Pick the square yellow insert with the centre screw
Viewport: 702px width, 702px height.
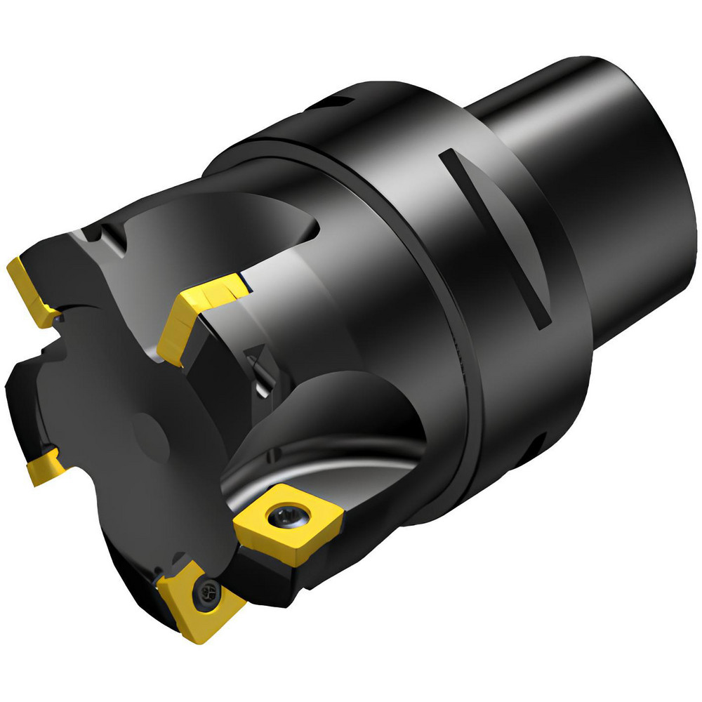[289, 522]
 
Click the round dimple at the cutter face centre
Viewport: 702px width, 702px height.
[152, 439]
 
